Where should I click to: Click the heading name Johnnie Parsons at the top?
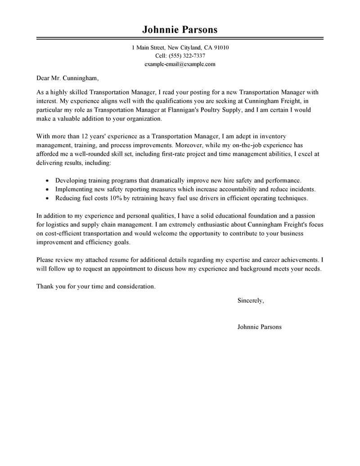tap(180, 30)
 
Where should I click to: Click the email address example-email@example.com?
tap(180, 64)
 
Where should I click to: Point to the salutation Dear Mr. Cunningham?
tap(67, 78)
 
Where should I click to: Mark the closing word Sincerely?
tap(251, 300)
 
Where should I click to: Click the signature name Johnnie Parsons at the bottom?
tap(260, 327)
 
